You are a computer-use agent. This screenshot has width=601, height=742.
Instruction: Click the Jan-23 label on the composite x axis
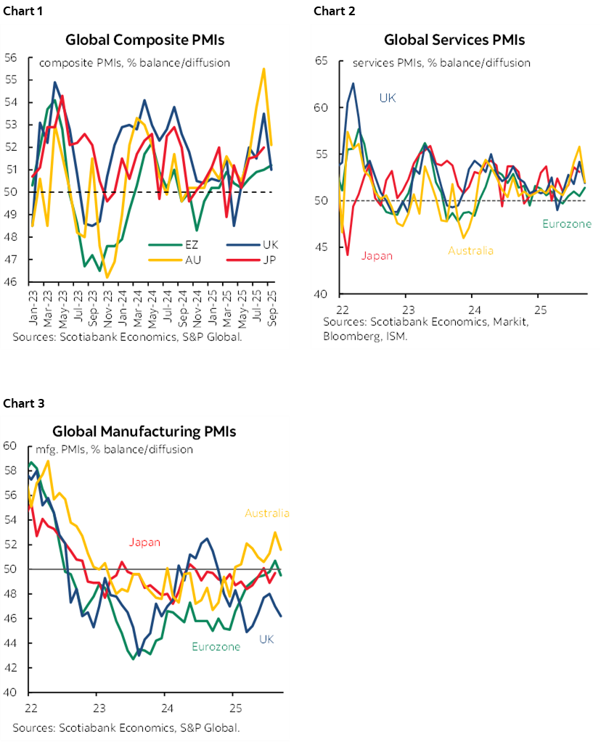[x=33, y=308]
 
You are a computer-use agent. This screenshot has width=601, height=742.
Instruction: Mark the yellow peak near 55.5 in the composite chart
[x=263, y=69]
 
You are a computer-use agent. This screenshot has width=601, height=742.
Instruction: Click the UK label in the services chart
[x=388, y=97]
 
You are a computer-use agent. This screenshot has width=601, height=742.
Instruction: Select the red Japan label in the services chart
[x=377, y=255]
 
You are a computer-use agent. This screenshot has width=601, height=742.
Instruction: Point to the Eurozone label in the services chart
[x=566, y=224]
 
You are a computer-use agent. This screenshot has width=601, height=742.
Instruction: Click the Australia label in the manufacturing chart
[x=266, y=514]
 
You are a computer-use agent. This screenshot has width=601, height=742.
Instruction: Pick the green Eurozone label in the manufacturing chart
[x=216, y=646]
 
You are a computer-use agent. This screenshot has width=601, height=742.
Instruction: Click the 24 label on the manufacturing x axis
[x=165, y=708]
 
